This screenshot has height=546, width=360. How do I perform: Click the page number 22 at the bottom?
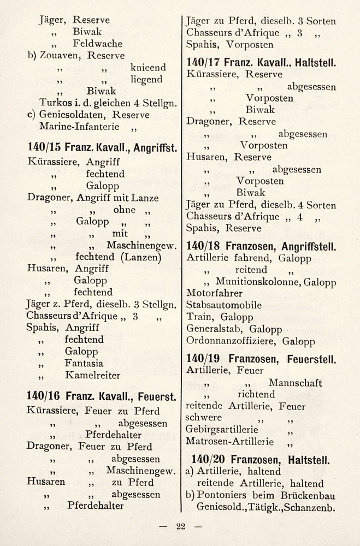(181, 527)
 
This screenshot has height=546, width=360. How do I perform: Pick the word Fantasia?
(84, 363)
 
